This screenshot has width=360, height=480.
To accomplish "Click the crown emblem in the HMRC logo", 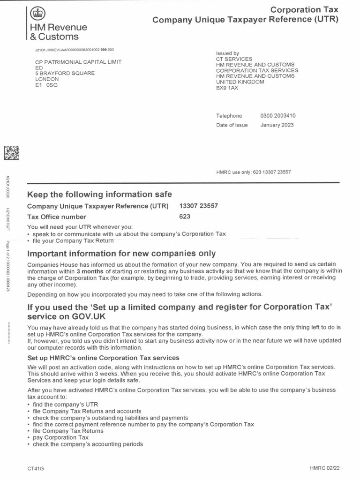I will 36,14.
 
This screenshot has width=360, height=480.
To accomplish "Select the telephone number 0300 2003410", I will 278,116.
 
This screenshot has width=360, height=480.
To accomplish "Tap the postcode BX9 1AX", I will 227,88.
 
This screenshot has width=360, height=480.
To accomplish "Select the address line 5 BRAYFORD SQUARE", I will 65,73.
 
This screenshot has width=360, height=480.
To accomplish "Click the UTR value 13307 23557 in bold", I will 198,206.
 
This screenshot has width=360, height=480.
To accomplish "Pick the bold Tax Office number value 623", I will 185,217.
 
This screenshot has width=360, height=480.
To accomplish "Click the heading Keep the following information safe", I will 99,194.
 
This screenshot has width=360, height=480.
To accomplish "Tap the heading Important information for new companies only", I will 121,254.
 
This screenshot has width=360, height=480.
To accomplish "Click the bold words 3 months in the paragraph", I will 91,271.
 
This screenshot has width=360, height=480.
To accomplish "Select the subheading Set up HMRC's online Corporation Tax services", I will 103,358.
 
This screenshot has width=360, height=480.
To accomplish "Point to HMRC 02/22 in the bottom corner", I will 324,468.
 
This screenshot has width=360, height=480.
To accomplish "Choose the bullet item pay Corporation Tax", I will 59,437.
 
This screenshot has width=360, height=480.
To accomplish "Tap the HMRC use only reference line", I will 253,172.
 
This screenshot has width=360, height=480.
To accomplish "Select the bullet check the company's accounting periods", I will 87,444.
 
